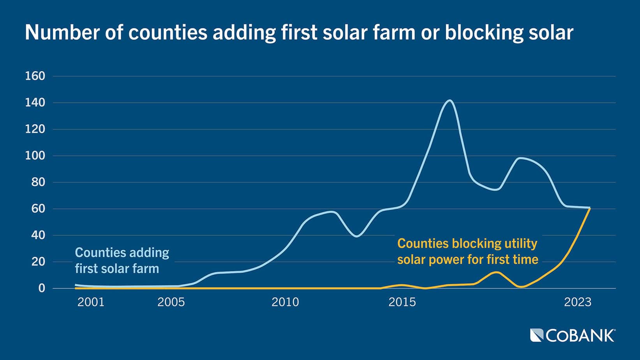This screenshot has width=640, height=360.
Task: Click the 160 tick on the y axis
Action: click(35, 76)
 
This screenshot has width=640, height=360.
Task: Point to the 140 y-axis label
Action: click(35, 103)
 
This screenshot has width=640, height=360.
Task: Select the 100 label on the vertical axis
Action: click(35, 156)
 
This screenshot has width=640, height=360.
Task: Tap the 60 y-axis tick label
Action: click(38, 209)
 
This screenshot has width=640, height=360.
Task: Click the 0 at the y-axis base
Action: click(41, 288)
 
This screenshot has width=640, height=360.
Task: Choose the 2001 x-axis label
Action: click(91, 302)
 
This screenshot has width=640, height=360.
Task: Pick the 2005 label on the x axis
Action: click(171, 302)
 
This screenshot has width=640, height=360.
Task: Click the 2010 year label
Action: click(285, 302)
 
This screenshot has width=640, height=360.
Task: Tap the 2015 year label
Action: click(402, 302)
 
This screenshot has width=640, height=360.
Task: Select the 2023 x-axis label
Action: click(578, 302)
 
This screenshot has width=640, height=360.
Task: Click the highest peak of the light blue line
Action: click(449, 101)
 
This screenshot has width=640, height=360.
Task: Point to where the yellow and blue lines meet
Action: click(590, 208)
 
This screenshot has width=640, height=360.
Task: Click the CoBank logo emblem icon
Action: click(536, 335)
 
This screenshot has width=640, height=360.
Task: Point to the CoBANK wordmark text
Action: click(580, 335)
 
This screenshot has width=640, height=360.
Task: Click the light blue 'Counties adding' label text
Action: click(122, 252)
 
